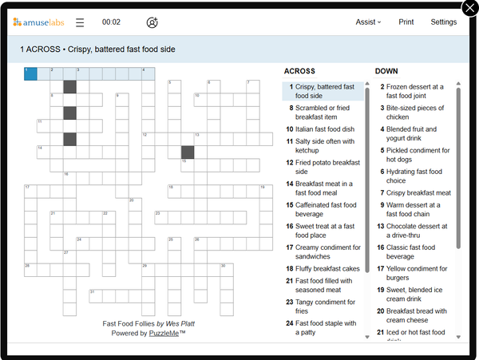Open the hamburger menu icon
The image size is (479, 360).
(80, 22)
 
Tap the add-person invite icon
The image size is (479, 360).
(152, 22)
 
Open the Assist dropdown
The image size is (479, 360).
(368, 22)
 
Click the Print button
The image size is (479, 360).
(406, 22)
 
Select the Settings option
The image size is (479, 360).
(443, 22)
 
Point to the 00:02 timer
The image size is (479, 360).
(111, 22)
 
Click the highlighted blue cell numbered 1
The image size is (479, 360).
(30, 74)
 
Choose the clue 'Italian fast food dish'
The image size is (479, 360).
(324, 129)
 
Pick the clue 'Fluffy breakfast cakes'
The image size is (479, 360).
(327, 269)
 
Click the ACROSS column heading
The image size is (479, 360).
(299, 71)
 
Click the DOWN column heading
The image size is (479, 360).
(386, 71)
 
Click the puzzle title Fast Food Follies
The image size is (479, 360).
(129, 323)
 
